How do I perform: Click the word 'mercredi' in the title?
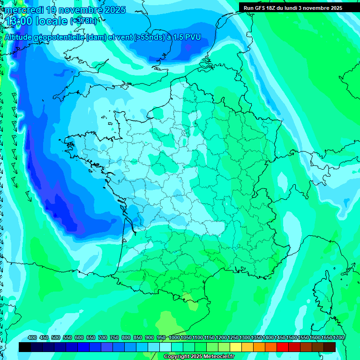(22, 10)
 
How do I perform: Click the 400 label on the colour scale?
(32, 337)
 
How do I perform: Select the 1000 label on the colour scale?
(174, 337)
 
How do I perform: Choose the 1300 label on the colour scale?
(245, 337)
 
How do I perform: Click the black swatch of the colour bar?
(25, 347)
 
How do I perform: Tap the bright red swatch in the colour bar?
(283, 347)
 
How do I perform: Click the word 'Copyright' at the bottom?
(176, 357)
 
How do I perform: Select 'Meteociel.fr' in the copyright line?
(218, 357)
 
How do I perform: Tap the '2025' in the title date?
(114, 10)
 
